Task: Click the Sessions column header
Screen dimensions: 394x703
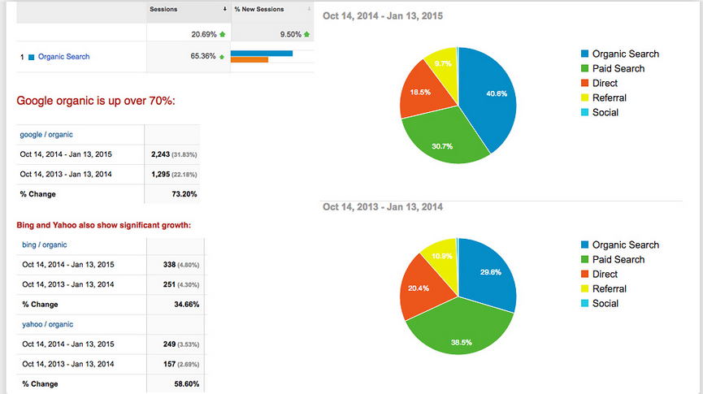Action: pos(165,9)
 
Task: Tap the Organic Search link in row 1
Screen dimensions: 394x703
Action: pos(63,57)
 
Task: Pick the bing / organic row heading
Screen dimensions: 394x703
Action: pos(44,245)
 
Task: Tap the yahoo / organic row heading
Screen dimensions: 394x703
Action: pos(46,324)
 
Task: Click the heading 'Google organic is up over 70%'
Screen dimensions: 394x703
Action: pos(96,102)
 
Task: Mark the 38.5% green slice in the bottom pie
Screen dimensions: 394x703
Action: pos(459,333)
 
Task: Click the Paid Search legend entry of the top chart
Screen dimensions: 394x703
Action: pos(618,69)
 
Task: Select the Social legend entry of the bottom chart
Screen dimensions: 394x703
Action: pos(605,304)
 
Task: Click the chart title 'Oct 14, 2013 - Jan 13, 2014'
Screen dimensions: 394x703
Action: pos(383,208)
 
